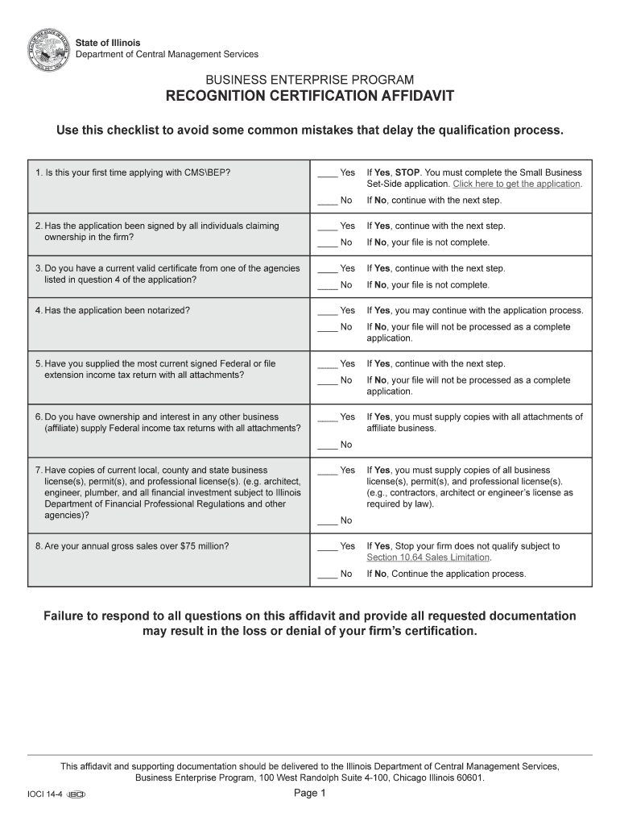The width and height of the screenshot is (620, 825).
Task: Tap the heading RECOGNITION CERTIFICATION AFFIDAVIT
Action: point(310,97)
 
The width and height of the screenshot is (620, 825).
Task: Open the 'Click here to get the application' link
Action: point(516,184)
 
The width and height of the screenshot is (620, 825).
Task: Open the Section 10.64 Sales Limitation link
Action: point(428,558)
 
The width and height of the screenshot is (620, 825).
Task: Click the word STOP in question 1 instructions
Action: point(407,173)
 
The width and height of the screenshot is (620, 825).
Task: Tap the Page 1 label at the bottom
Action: point(309,794)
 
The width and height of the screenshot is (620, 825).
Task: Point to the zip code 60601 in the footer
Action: point(468,778)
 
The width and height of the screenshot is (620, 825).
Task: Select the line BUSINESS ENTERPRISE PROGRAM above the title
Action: point(310,80)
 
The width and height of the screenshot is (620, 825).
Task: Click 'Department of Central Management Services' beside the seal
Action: point(167,54)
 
